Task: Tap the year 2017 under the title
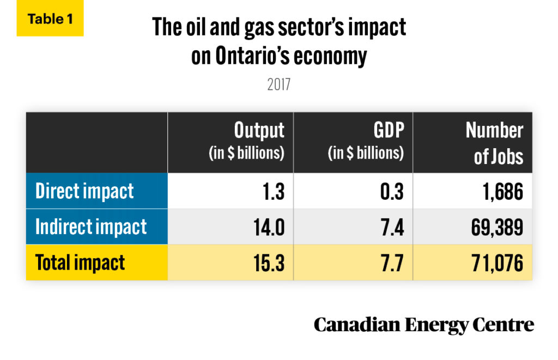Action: pos(278,86)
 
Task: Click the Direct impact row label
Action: pos(84,192)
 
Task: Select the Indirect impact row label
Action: pos(91,227)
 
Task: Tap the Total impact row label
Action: pos(80,263)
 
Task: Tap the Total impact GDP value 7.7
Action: pos(391,263)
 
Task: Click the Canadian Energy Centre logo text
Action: pos(423,325)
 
